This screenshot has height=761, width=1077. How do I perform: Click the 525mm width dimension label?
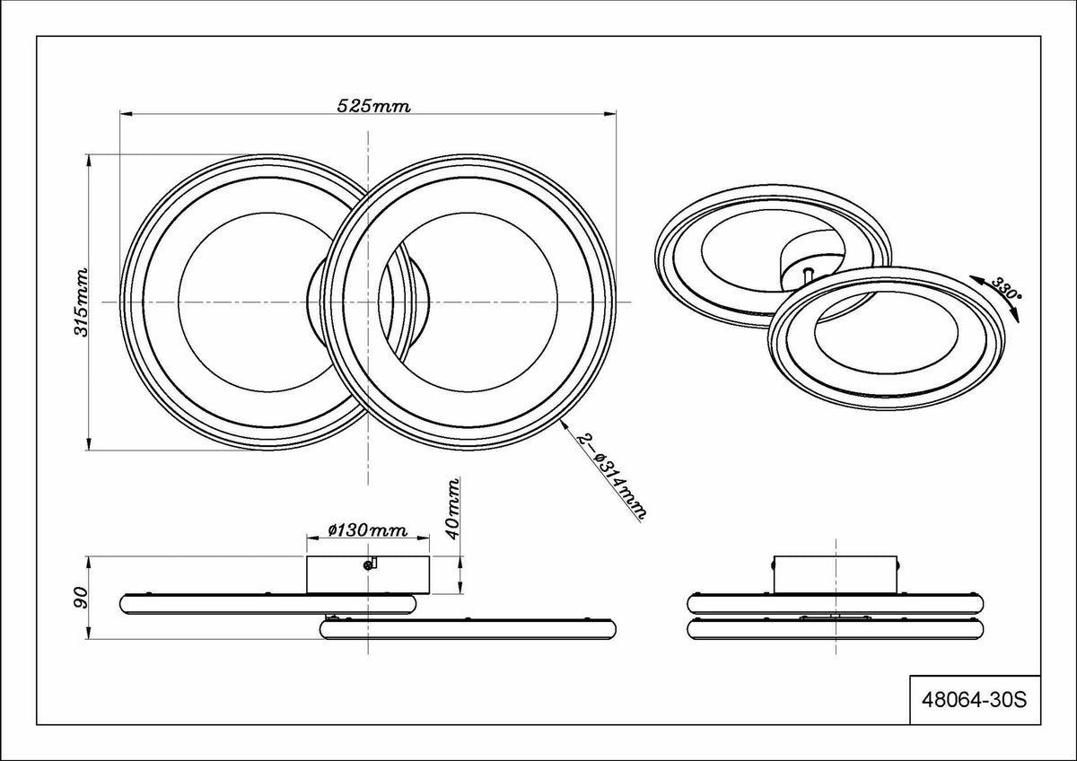click(x=373, y=106)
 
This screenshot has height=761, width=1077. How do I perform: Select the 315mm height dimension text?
click(x=81, y=302)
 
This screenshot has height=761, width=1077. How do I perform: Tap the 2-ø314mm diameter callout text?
click(x=612, y=477)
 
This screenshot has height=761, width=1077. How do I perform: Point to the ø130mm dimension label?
click(x=368, y=530)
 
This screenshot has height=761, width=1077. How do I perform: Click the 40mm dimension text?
click(x=452, y=509)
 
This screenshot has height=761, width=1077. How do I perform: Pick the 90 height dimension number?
click(x=82, y=598)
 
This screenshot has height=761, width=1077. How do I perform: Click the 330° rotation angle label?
click(x=1006, y=288)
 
